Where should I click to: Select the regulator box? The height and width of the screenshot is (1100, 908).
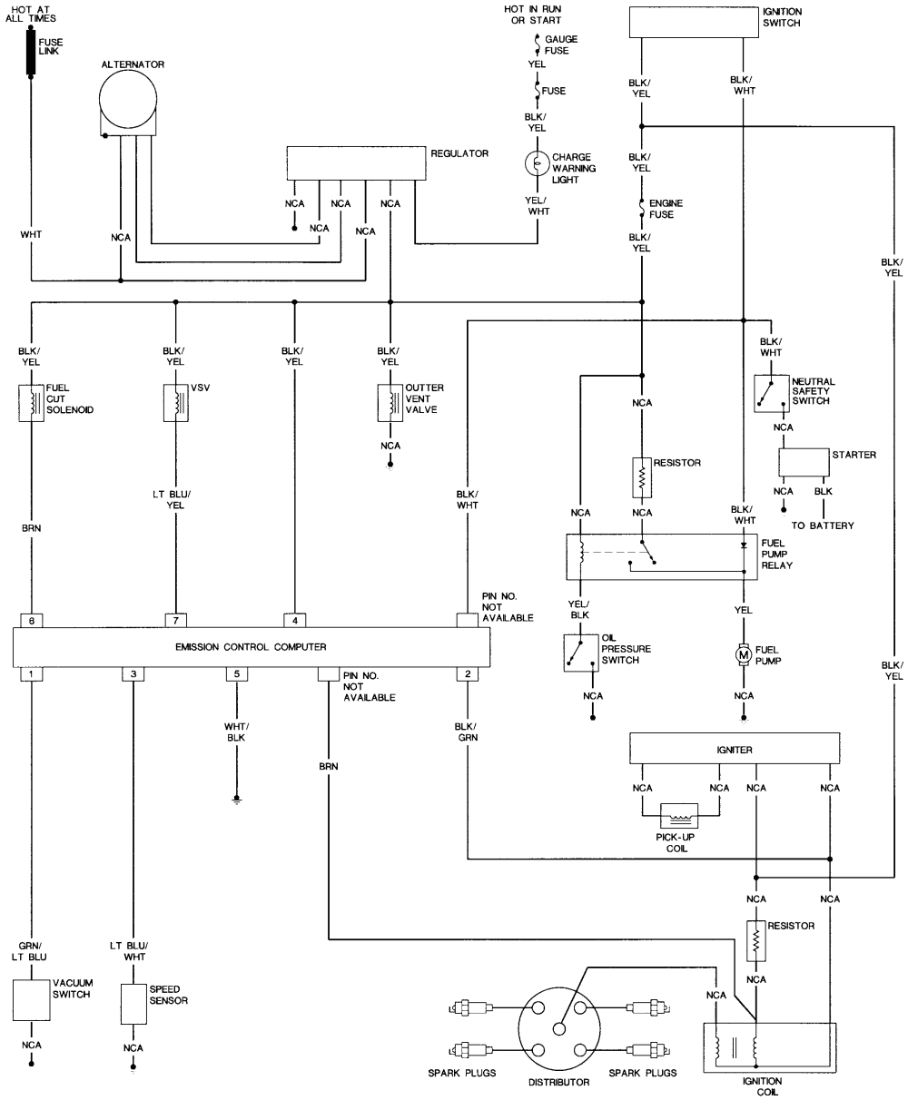tap(356, 162)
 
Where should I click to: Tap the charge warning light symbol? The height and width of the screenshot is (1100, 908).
tap(538, 163)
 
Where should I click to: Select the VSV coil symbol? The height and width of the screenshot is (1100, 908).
tap(174, 403)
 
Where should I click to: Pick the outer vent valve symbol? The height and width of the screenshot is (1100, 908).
tap(390, 403)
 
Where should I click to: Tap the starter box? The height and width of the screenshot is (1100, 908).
tap(803, 461)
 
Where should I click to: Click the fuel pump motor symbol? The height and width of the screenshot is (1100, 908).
tap(743, 653)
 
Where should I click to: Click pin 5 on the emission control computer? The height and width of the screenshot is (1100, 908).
tap(237, 674)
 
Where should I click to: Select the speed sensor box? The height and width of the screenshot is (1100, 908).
tap(133, 1003)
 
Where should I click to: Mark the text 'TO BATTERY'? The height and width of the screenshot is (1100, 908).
tap(823, 525)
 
